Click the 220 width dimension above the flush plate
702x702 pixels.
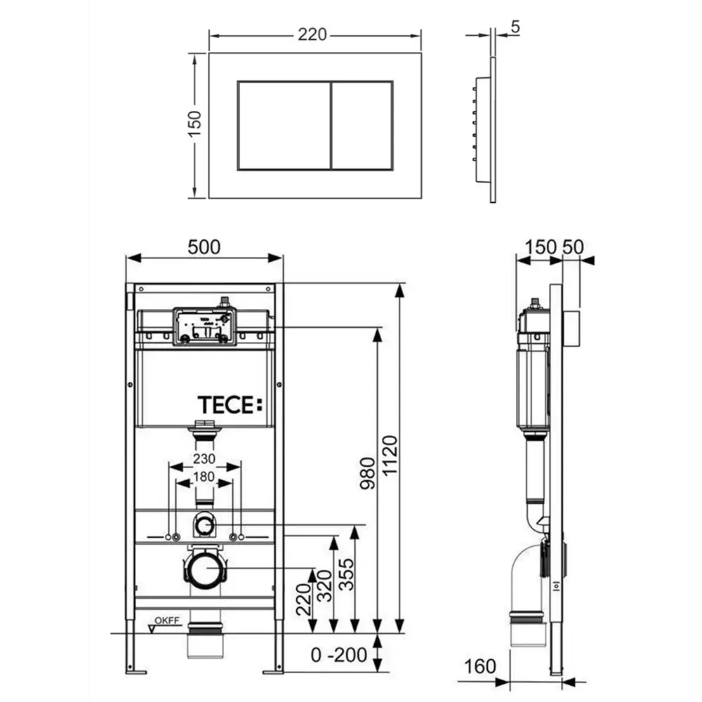click(312, 34)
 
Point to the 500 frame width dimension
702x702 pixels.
click(204, 247)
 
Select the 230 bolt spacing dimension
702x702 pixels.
click(204, 458)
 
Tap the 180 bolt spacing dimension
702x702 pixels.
click(204, 477)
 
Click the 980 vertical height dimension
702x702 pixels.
click(368, 473)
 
